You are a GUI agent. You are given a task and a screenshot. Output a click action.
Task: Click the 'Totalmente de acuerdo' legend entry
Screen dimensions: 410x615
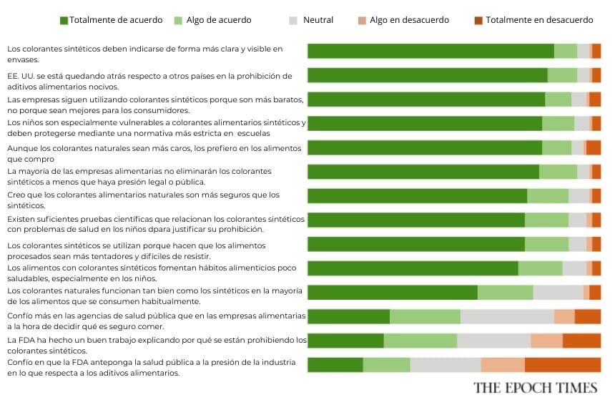[x=111, y=20]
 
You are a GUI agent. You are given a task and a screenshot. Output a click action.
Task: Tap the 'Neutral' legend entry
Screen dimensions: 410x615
[x=311, y=20]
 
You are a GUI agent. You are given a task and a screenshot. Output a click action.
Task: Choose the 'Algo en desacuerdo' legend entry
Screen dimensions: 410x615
[x=403, y=20]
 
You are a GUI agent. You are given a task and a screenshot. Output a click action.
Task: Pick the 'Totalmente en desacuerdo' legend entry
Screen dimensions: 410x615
[x=533, y=20]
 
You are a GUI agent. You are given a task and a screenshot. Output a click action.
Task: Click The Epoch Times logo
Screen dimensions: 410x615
[x=535, y=387]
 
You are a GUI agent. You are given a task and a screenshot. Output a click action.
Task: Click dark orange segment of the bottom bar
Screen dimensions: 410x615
[x=562, y=365]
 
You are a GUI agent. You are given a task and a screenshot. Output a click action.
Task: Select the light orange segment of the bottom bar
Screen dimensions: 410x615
[x=503, y=365]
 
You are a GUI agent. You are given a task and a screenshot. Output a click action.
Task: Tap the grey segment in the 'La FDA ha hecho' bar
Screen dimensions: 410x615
[x=493, y=341]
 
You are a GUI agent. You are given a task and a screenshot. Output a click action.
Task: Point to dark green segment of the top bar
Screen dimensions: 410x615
[x=431, y=51]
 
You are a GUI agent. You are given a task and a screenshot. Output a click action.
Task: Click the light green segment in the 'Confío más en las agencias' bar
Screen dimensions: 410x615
[x=425, y=316]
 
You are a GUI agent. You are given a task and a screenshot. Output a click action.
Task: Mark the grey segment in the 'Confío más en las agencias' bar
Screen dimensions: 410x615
[x=507, y=316]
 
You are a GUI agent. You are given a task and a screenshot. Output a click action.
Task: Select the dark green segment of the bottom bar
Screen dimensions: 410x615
[x=335, y=365]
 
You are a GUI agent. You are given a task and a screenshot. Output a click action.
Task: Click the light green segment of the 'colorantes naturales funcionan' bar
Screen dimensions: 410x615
[x=505, y=292]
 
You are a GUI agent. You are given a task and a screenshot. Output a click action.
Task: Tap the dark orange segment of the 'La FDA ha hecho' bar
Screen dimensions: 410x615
[x=581, y=341]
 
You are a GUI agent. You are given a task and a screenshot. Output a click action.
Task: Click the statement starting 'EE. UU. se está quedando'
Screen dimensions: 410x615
[x=149, y=80]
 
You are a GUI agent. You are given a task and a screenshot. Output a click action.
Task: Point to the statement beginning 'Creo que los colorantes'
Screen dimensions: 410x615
[x=143, y=200]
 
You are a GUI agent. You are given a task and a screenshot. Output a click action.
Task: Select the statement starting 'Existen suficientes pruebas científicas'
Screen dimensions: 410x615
[x=156, y=223]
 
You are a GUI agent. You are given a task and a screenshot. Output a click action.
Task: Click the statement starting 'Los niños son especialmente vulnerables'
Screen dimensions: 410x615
[x=157, y=128]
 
